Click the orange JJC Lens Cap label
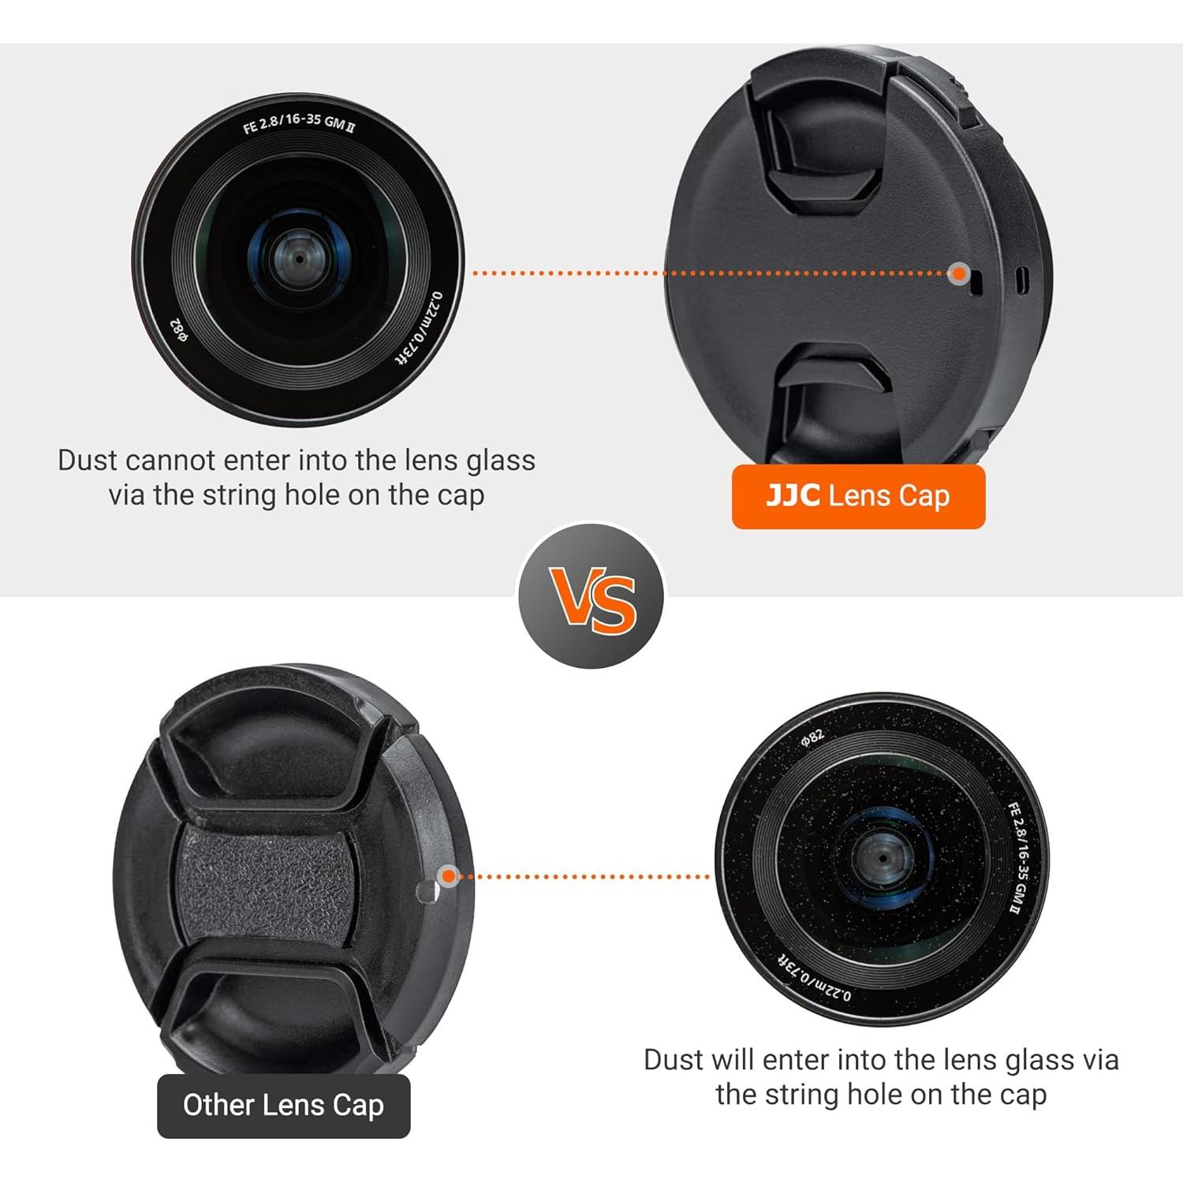[x=858, y=496]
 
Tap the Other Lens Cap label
[x=283, y=1105]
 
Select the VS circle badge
[x=591, y=597]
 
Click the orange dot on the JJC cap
[x=958, y=274]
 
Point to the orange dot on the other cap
[x=448, y=875]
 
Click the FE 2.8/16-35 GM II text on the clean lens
[x=298, y=123]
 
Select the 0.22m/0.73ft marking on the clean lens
[x=420, y=328]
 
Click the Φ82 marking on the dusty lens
[x=812, y=738]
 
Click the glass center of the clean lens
[x=299, y=259]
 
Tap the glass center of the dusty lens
[x=882, y=858]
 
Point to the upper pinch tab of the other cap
[x=268, y=757]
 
